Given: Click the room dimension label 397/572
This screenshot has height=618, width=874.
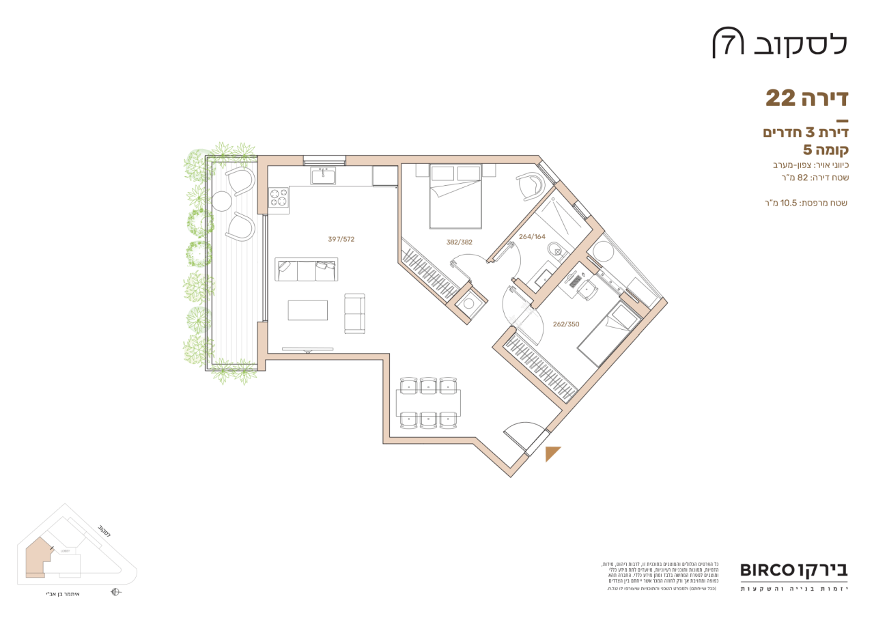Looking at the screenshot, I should tap(341, 240).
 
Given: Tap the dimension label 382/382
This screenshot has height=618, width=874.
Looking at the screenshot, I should tap(459, 242).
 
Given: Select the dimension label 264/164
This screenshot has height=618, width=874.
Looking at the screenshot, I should tap(532, 237).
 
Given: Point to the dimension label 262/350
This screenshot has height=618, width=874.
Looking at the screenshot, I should tap(566, 324).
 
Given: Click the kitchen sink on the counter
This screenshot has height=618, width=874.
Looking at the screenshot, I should tap(323, 176).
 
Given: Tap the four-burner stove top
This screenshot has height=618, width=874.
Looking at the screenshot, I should tap(279, 198).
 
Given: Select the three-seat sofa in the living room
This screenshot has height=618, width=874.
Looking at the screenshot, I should tap(306, 270).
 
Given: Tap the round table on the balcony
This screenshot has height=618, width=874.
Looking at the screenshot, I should tap(222, 201).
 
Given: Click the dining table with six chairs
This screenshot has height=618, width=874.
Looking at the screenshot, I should tap(427, 402).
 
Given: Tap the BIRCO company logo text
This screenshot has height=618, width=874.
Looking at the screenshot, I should tap(767, 570).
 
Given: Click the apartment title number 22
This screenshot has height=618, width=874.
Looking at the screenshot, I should tap(780, 98).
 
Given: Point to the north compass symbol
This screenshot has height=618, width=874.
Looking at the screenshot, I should tap(115, 593).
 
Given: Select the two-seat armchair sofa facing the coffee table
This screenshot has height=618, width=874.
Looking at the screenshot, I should tap(354, 313).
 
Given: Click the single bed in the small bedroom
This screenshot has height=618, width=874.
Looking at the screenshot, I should tap(607, 335).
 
